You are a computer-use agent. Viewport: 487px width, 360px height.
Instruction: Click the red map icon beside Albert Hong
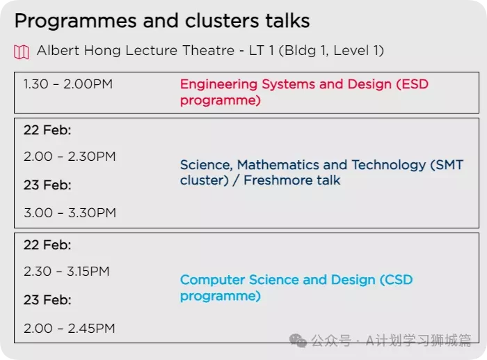coord(22,52)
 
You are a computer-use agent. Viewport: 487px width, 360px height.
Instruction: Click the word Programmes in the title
coord(75,22)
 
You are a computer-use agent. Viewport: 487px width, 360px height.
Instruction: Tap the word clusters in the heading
coord(221,21)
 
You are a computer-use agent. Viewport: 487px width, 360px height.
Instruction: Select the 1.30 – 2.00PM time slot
coord(68,84)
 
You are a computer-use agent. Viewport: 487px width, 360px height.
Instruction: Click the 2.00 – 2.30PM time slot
coord(70,157)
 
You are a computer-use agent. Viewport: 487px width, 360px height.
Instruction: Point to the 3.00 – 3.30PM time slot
coord(70,213)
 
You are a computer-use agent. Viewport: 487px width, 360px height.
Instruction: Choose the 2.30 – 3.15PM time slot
coord(67,272)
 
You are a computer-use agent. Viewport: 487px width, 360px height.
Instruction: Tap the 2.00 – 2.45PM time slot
coord(70,328)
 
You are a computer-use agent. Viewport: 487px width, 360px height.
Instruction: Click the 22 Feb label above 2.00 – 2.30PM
coord(47,130)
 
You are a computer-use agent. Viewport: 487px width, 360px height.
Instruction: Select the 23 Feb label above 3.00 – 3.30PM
coord(47,185)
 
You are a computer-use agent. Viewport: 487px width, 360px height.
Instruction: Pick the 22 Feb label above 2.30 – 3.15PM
coord(47,245)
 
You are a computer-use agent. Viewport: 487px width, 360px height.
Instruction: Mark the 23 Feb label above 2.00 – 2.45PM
coord(47,300)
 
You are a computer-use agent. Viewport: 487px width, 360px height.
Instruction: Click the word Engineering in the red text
coord(218,85)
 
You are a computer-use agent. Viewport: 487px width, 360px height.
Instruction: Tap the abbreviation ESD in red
coord(415,84)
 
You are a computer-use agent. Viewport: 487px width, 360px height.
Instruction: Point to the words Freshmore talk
coord(292,180)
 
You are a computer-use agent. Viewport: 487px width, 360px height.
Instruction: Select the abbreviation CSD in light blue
coord(399,280)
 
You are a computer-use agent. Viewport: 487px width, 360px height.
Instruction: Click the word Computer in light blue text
coord(212,280)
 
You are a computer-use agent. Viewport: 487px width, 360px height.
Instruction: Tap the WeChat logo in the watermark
coord(298,341)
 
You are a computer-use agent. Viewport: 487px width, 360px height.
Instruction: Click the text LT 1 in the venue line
coord(261,51)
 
